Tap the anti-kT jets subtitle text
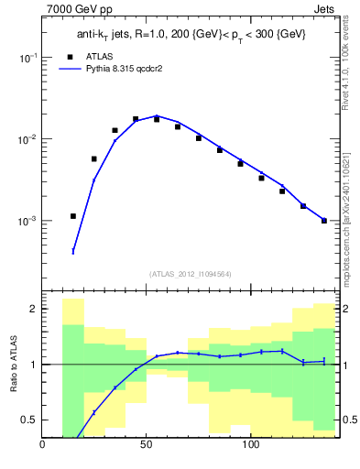click(191, 35)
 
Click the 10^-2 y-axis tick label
click(27, 139)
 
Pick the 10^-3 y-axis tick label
click(27, 222)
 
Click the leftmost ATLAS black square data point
click(73, 216)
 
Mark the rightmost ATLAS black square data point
click(324, 221)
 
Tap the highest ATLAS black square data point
click(136, 119)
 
